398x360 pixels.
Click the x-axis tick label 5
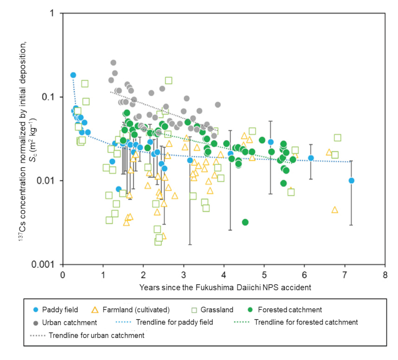(264, 275)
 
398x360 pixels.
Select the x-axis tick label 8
(385, 275)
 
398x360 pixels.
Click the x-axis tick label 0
(63, 275)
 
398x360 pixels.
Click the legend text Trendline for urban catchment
(96, 335)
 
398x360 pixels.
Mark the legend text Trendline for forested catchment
(306, 322)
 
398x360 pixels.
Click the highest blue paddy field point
(73, 75)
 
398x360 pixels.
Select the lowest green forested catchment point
(245, 222)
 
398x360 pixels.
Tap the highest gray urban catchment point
(113, 62)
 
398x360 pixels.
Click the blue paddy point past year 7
(351, 180)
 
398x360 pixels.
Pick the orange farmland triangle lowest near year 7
(335, 210)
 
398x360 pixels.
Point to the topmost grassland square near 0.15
(168, 80)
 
